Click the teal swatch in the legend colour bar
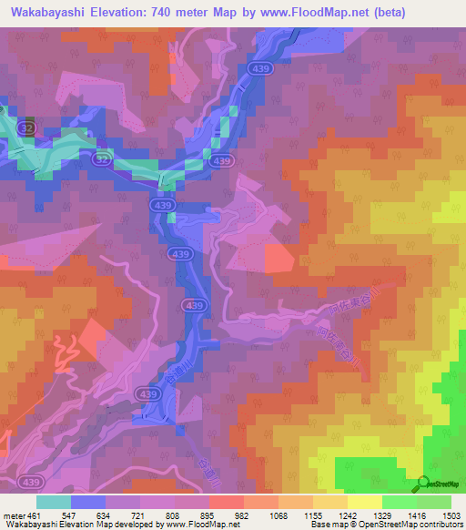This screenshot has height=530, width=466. [x=53, y=502]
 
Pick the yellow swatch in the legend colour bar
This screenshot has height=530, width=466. [x=365, y=502]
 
